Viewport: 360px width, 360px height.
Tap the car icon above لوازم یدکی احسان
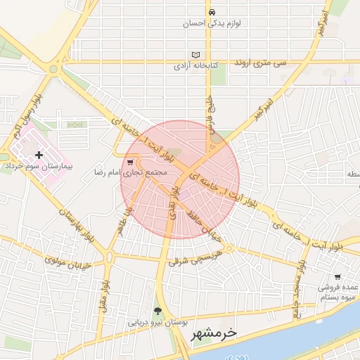pyautogui.click(x=211, y=12)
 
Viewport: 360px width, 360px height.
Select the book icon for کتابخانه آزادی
pyautogui.click(x=195, y=55)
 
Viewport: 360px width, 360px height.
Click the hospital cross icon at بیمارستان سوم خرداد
pyautogui.click(x=38, y=155)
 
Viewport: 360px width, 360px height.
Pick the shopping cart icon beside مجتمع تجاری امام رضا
pyautogui.click(x=130, y=162)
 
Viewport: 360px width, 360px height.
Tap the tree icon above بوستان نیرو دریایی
pyautogui.click(x=157, y=311)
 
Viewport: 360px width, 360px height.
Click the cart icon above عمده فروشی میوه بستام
pyautogui.click(x=337, y=276)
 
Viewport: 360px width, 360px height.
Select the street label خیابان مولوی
pyautogui.click(x=65, y=262)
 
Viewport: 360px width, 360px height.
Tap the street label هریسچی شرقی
pyautogui.click(x=195, y=257)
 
